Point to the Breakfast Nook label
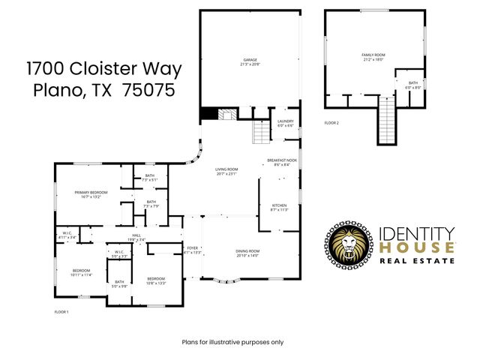point(282,161)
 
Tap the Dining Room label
point(247,253)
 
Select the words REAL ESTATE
point(417,260)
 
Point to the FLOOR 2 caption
point(331,122)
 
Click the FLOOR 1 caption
point(61,311)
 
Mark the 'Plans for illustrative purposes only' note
point(233,342)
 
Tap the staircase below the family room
point(385,120)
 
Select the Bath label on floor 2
point(412,84)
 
